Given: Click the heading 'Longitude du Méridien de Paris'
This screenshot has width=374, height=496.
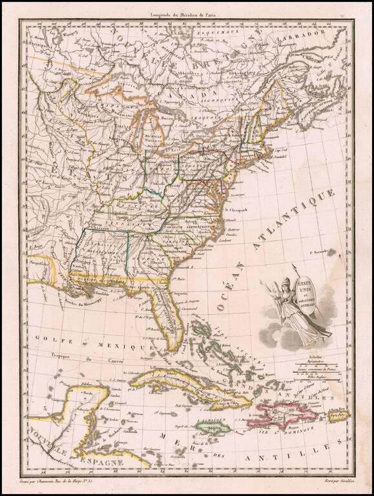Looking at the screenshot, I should [x=187, y=14].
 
